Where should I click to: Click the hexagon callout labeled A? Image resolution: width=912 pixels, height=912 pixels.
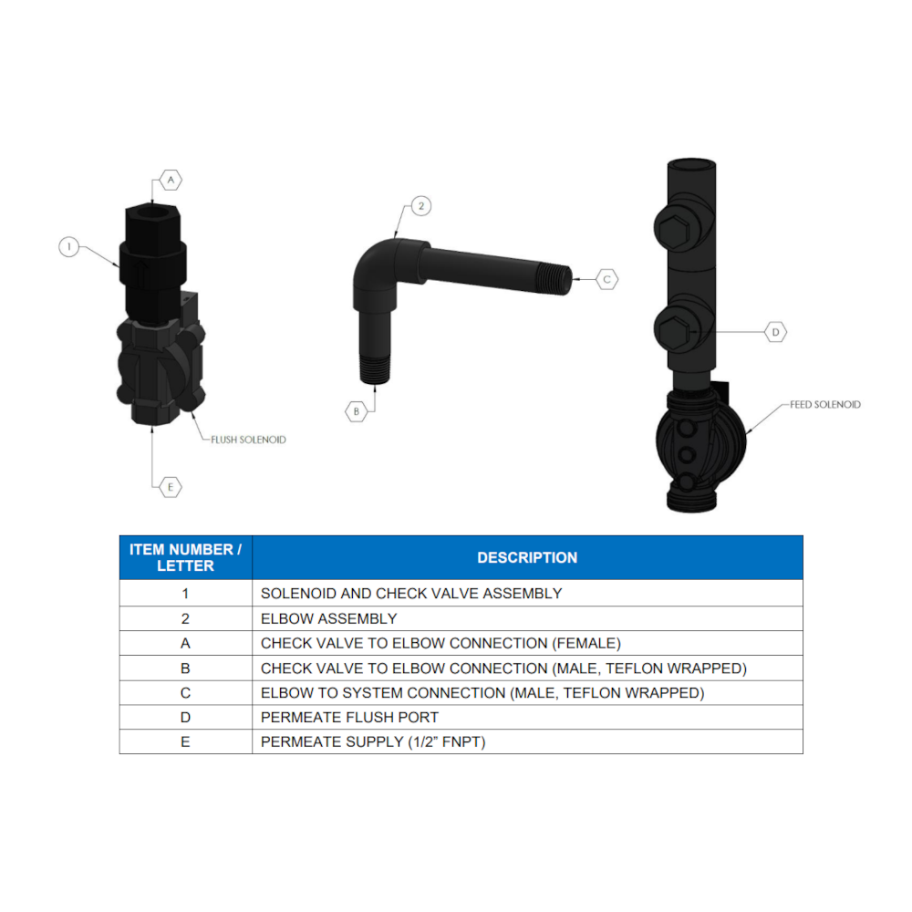point(171,180)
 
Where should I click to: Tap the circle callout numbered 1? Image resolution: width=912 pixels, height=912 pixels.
point(69,246)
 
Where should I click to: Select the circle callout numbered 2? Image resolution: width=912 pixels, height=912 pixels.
point(420,206)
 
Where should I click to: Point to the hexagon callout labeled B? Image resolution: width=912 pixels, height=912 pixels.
point(357,411)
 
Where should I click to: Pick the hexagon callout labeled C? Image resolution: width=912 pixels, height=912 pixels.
point(607,279)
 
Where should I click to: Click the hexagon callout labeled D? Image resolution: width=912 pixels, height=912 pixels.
point(775,332)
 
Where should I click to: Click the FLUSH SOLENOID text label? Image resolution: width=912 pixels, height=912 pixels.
point(248,440)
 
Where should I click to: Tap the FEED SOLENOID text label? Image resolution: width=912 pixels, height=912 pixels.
point(824,404)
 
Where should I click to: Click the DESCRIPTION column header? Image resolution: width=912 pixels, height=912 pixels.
point(527,557)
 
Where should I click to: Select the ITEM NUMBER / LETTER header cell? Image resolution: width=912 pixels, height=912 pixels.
point(185,557)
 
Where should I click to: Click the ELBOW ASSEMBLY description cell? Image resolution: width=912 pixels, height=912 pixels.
point(328,618)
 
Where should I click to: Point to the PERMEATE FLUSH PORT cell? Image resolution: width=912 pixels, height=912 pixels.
point(349,717)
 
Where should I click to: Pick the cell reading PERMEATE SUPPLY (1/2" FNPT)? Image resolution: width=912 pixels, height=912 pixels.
point(373,741)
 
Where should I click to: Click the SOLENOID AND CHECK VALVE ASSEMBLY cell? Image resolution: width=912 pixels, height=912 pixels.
point(411,593)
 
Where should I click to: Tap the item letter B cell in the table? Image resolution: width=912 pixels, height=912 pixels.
point(185,668)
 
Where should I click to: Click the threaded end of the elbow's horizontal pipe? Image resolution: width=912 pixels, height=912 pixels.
point(558,278)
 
